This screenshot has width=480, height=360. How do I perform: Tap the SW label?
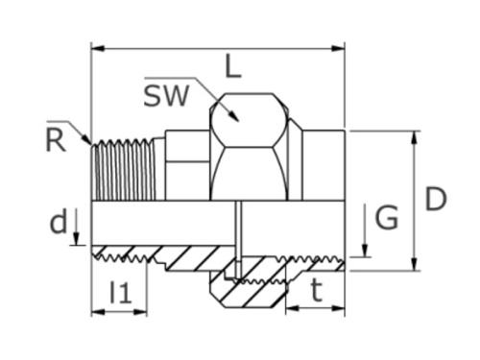167,95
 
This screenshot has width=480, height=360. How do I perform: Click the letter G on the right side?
386,219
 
